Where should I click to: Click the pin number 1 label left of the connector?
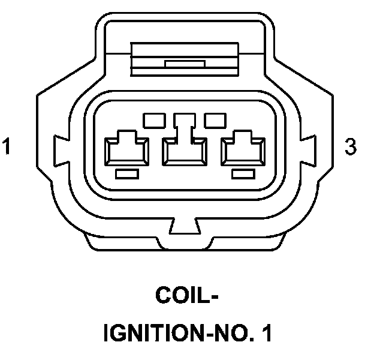tap(7, 147)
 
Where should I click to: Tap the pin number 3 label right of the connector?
tap(351, 147)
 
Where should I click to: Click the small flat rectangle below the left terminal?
tap(127, 174)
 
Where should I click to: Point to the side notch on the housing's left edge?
tap(61, 146)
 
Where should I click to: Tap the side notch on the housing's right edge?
tap(311, 146)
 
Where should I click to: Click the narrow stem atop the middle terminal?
tap(185, 123)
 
